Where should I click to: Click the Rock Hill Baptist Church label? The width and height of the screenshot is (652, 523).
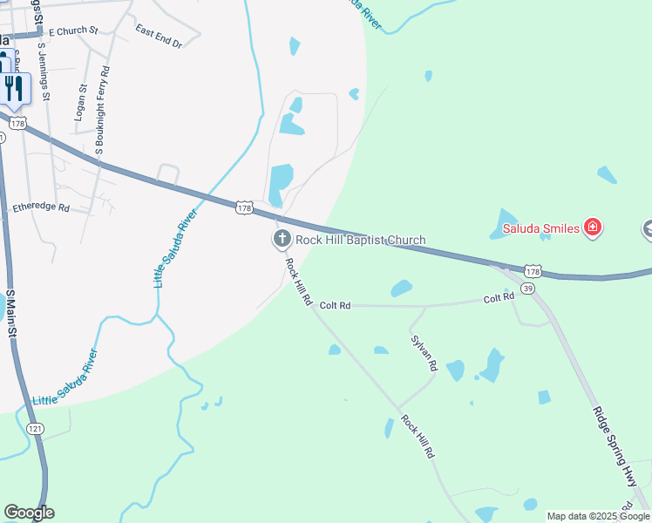coord(360,240)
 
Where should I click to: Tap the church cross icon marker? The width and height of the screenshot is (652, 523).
coord(282,239)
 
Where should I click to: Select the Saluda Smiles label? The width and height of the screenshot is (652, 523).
coord(540,229)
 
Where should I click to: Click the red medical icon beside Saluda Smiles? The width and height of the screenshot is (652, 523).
coord(593,228)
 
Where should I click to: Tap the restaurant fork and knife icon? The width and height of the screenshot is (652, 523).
coord(14,88)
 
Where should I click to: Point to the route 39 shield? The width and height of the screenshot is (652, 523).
coord(527,288)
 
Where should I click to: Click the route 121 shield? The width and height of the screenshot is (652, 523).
coord(35,429)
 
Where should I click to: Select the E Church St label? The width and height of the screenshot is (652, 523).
coord(73,31)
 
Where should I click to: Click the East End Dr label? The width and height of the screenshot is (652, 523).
coord(159,36)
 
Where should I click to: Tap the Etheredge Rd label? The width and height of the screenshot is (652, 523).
coord(41,207)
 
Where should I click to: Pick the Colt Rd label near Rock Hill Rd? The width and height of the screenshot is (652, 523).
coord(335,305)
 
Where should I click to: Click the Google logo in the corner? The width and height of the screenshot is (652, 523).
coord(29,513)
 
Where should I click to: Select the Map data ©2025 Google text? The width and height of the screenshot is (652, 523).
coord(598,516)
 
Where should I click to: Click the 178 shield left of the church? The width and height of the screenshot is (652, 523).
coord(244,207)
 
